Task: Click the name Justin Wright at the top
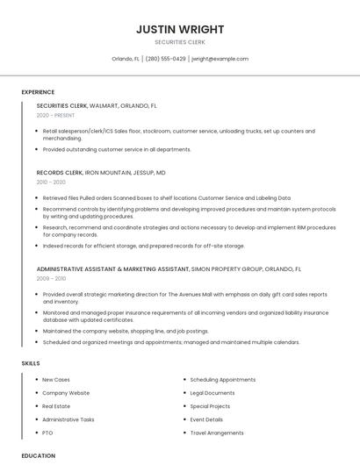[x=179, y=28]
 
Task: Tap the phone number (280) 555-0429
[x=165, y=59]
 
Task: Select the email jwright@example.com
[x=220, y=59]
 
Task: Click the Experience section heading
[x=38, y=92]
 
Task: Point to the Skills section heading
[x=30, y=363]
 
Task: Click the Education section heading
[x=39, y=456]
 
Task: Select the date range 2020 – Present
[x=55, y=115]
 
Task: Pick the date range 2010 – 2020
[x=51, y=182]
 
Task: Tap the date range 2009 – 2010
[x=51, y=278]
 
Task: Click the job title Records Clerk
[x=60, y=173]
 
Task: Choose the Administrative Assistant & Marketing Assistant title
[x=112, y=268]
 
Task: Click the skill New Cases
[x=56, y=380]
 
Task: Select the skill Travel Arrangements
[x=217, y=433]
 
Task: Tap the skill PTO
[x=47, y=433]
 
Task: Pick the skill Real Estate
[x=56, y=406]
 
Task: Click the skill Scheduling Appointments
[x=223, y=380]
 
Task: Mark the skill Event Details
[x=206, y=419]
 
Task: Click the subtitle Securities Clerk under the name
[x=179, y=42]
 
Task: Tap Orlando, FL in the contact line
[x=126, y=59]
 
